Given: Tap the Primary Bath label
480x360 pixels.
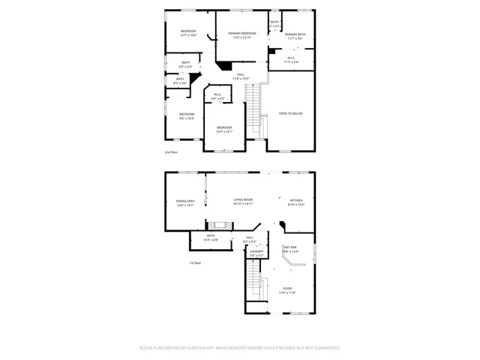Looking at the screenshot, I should (295, 35).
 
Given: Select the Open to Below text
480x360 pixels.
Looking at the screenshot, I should (290, 113).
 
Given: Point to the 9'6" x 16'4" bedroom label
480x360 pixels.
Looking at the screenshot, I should (187, 115).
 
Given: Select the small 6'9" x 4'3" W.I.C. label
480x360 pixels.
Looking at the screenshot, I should (217, 96).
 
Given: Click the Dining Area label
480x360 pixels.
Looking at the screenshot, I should (185, 202).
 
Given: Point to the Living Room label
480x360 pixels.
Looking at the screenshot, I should (242, 201).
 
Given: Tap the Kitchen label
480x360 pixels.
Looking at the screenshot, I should (296, 201).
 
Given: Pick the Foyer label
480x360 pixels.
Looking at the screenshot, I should (287, 289).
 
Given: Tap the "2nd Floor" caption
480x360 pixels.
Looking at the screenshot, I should (171, 152).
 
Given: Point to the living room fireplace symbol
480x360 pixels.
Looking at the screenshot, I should (219, 225).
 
